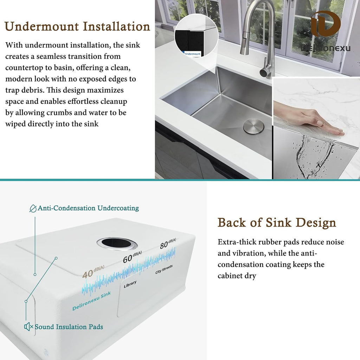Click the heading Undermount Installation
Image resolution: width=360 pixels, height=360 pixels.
(x=77, y=27)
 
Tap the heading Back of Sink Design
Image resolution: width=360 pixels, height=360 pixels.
(x=277, y=223)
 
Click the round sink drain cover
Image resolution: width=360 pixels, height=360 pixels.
(x=253, y=127)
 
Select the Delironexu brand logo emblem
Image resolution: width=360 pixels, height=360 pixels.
(x=326, y=24)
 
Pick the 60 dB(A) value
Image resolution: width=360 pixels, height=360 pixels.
(x=132, y=257)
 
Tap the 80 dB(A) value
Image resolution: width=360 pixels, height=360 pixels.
(x=168, y=243)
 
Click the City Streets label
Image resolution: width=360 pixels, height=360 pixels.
(x=164, y=269)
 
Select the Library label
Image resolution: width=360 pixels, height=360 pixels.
(x=130, y=284)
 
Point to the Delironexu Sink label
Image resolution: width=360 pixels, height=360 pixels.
(x=91, y=301)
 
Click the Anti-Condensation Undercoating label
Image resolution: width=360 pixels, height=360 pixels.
(x=88, y=208)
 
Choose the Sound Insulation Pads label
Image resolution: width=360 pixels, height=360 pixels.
(x=69, y=327)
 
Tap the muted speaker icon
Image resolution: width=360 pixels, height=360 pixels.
(x=28, y=327)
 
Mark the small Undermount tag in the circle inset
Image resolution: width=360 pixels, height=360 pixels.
(x=192, y=54)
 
